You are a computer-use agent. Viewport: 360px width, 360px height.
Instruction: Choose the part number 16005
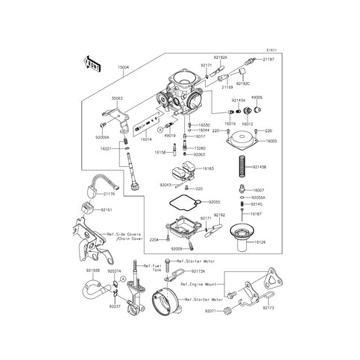(269, 141)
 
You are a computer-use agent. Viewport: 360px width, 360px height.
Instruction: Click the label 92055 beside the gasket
(215, 202)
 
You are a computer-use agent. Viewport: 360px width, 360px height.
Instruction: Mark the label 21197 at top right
(269, 57)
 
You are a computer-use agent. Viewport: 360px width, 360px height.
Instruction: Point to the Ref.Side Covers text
(124, 235)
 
